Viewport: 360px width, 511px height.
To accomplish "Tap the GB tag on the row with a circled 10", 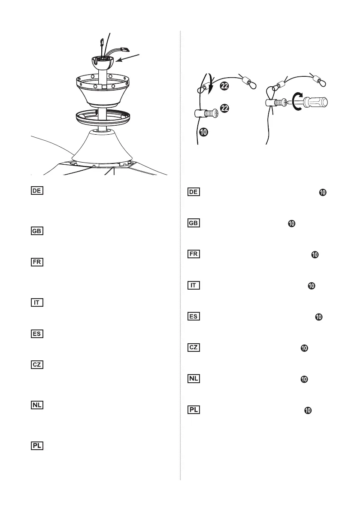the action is coord(194,223).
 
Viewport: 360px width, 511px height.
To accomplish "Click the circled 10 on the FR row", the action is coord(315,254).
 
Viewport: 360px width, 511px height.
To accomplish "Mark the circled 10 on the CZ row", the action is coord(304,348).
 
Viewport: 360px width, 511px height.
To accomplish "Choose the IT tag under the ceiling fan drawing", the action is coord(37,302).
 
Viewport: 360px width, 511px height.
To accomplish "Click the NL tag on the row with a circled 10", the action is coord(194,379).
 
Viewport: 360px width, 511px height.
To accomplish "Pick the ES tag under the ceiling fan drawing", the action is coord(37,333).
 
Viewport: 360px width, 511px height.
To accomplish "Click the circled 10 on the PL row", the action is coord(308,411).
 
